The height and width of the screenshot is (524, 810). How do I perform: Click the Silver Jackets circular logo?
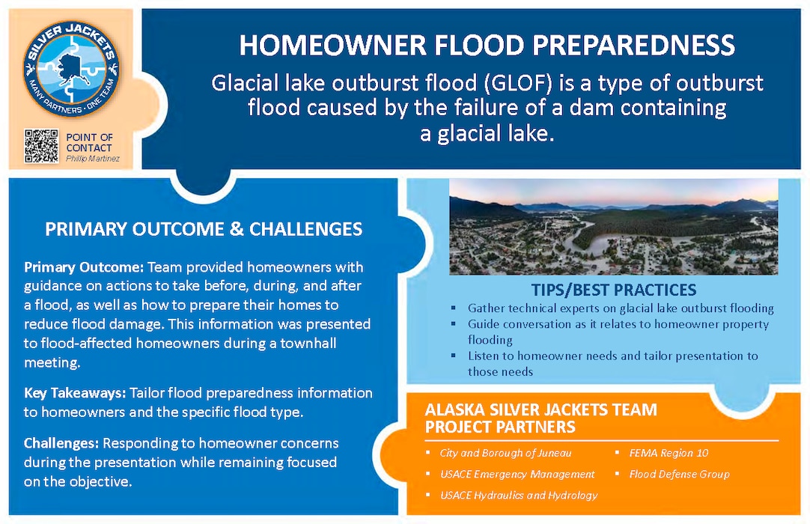71,68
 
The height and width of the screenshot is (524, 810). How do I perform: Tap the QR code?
41,146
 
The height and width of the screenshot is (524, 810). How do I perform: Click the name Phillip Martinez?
92,159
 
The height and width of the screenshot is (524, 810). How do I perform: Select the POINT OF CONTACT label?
89,142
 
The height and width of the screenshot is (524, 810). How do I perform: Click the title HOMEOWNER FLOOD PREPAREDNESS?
487,46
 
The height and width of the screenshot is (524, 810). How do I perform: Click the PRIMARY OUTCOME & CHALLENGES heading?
204,229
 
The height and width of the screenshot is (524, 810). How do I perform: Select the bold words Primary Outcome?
84,268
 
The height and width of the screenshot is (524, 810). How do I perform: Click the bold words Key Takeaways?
75,393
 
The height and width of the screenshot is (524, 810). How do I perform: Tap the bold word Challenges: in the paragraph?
62,443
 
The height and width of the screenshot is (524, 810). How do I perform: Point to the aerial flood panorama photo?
613,226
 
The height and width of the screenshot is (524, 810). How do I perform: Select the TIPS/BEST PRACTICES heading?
613,290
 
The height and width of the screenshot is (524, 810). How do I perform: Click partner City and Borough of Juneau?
505,453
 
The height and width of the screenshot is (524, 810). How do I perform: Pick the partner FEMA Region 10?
668,453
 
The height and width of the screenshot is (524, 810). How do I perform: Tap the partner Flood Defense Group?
679,474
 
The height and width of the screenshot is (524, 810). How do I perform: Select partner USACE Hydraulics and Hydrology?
519,495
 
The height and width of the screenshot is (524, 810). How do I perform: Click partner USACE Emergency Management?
517,474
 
